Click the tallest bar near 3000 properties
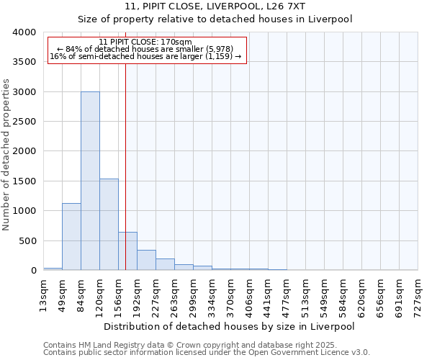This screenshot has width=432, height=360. click(x=90, y=181)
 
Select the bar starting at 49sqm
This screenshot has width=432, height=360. click(x=71, y=237)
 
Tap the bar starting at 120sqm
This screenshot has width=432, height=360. click(x=109, y=225)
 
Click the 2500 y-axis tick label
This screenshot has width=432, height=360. click(x=24, y=122)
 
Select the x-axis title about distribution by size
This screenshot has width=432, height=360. click(x=229, y=326)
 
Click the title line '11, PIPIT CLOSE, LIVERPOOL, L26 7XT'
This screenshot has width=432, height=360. click(x=215, y=6)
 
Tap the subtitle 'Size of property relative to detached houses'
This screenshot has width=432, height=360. click(x=215, y=19)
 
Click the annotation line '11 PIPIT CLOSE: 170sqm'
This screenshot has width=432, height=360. click(x=145, y=42)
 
